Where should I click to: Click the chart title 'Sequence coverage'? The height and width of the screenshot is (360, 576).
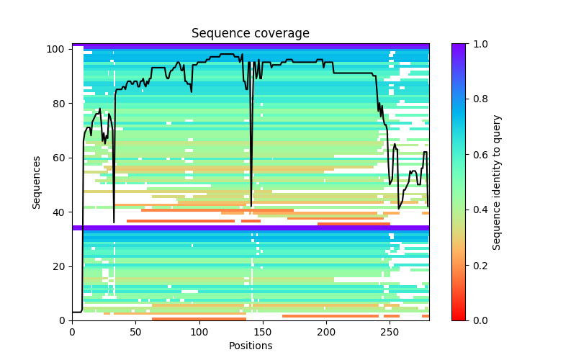[x=250, y=34]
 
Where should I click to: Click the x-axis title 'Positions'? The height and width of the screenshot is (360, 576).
[x=250, y=346]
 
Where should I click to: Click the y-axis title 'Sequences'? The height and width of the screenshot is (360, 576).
[x=37, y=182]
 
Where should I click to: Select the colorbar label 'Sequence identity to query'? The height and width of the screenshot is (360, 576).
[x=497, y=182]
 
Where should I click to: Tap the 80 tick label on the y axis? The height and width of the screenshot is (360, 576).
[x=59, y=104]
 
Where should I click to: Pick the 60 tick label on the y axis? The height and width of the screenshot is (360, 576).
[x=59, y=158]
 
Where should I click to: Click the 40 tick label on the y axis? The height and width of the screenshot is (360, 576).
[x=59, y=212]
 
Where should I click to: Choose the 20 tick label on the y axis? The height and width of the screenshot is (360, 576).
[x=59, y=266]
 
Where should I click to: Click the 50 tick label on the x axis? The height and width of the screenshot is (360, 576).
[x=135, y=331]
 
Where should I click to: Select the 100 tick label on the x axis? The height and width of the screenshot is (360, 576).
[x=199, y=331]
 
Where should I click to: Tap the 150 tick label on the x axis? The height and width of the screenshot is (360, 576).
[x=263, y=331]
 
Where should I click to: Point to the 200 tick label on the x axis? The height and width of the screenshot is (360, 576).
[x=326, y=331]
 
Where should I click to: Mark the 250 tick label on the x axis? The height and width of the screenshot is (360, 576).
[x=390, y=331]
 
